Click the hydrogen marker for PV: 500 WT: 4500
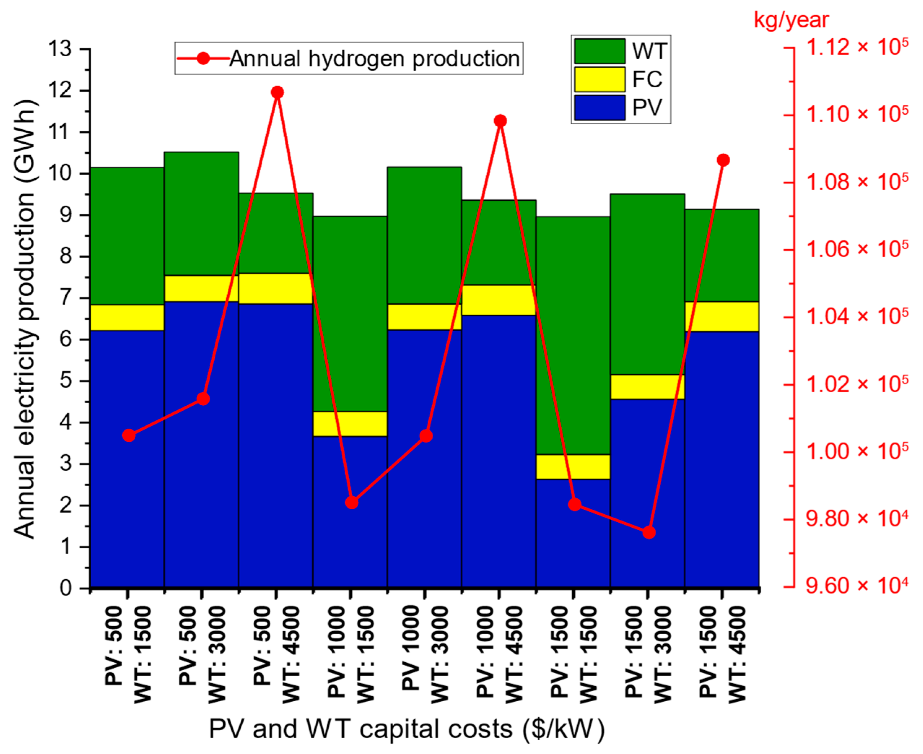[x=277, y=92]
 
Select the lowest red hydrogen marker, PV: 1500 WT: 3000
[x=649, y=532]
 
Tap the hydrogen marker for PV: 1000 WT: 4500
[x=500, y=121]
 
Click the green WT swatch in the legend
[x=600, y=51]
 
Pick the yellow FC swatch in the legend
[x=600, y=79]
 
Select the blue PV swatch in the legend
[x=600, y=107]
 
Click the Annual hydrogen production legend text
[x=374, y=58]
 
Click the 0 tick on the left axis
[x=66, y=588]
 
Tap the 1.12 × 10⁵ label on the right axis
[x=857, y=47]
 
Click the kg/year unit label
[x=791, y=20]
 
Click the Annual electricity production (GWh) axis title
[x=25, y=319]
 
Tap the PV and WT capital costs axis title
[x=407, y=729]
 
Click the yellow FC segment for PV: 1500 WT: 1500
[x=573, y=467]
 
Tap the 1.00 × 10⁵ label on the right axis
[x=857, y=452]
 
